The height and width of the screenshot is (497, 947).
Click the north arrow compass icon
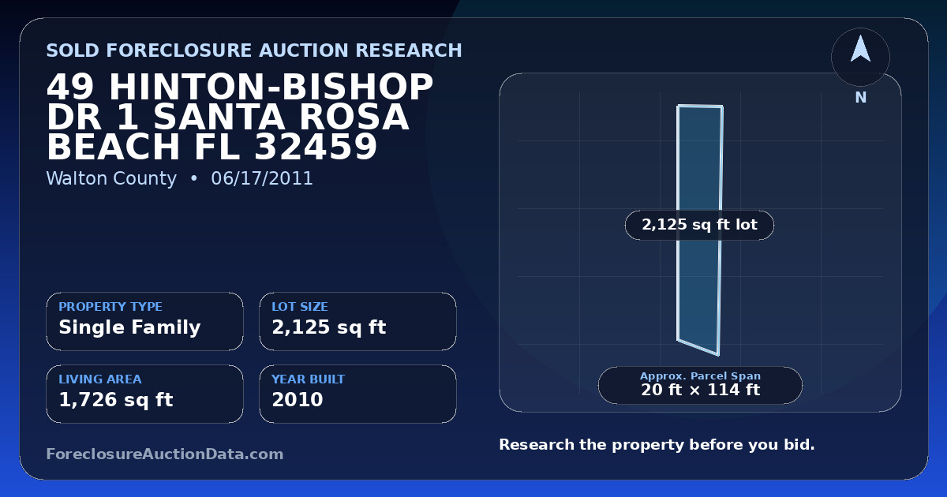pyautogui.click(x=860, y=57)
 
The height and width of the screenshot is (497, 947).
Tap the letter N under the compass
pyautogui.click(x=861, y=98)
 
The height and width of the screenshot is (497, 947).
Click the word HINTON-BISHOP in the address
pyautogui.click(x=271, y=87)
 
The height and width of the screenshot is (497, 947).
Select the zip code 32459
pyautogui.click(x=316, y=147)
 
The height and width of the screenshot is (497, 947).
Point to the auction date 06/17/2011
pyautogui.click(x=262, y=178)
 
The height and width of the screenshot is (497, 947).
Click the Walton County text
pyautogui.click(x=111, y=178)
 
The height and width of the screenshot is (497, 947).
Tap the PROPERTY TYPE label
pyautogui.click(x=110, y=306)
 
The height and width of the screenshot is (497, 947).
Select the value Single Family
pyautogui.click(x=129, y=327)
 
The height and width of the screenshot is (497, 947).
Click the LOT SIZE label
pyautogui.click(x=300, y=306)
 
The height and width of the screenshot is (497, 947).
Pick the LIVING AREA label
pyautogui.click(x=100, y=379)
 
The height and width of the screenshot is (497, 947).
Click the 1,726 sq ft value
pyautogui.click(x=116, y=400)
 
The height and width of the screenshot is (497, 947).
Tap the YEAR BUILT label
pyautogui.click(x=309, y=379)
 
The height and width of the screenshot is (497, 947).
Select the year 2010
pyautogui.click(x=298, y=400)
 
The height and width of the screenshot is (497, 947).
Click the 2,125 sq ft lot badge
pyautogui.click(x=699, y=225)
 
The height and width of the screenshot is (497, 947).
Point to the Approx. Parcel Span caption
pyautogui.click(x=700, y=376)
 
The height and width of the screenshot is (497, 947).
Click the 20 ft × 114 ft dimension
pyautogui.click(x=700, y=390)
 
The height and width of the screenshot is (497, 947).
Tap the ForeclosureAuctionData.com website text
pyautogui.click(x=164, y=454)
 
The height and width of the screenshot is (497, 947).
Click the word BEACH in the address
pyautogui.click(x=114, y=147)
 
